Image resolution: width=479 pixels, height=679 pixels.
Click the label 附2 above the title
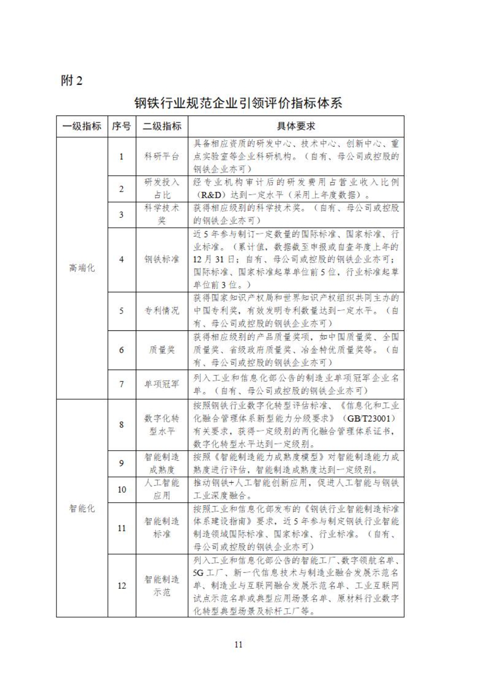click(x=71, y=80)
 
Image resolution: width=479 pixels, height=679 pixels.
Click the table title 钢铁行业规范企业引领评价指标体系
click(x=238, y=103)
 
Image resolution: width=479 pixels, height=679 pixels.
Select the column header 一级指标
click(x=82, y=126)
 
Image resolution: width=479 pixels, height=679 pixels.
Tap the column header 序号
click(x=121, y=126)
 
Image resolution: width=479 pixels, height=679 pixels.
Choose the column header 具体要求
click(x=296, y=126)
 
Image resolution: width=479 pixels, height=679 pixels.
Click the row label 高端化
click(x=82, y=268)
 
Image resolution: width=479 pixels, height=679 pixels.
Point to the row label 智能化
click(x=82, y=508)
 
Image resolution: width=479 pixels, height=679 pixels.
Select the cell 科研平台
click(x=161, y=157)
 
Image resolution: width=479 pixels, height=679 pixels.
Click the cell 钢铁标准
click(x=161, y=259)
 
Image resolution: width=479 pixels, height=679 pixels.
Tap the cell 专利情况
click(x=161, y=311)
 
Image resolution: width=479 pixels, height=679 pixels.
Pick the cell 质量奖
click(x=161, y=350)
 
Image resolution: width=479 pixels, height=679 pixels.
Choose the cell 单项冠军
click(x=161, y=384)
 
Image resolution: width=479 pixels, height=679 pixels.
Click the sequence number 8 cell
click(x=121, y=424)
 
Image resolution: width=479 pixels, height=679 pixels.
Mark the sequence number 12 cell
click(x=121, y=585)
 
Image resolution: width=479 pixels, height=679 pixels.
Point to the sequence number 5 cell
click(x=121, y=311)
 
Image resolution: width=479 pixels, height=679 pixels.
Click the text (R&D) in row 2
click(x=210, y=195)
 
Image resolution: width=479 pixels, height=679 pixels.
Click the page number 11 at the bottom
click(x=238, y=644)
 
